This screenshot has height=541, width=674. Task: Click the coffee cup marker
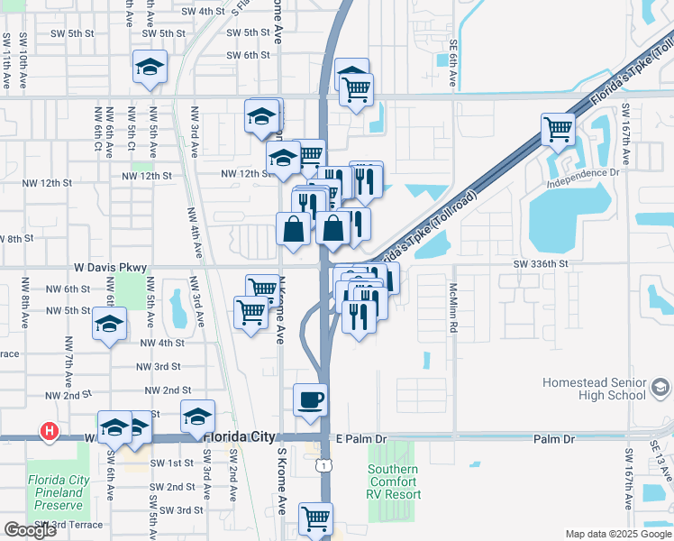click(x=310, y=399)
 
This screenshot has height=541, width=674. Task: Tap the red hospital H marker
click(x=50, y=433)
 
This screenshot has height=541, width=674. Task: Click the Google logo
click(x=30, y=530)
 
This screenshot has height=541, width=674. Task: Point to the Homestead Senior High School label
click(x=594, y=389)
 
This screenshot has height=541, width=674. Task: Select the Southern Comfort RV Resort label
click(x=393, y=482)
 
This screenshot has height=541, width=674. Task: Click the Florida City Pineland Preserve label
click(x=59, y=492)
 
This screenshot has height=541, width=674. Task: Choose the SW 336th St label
click(x=541, y=264)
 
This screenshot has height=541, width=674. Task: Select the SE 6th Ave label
click(x=454, y=64)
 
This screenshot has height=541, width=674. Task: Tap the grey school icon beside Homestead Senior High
click(x=660, y=389)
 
